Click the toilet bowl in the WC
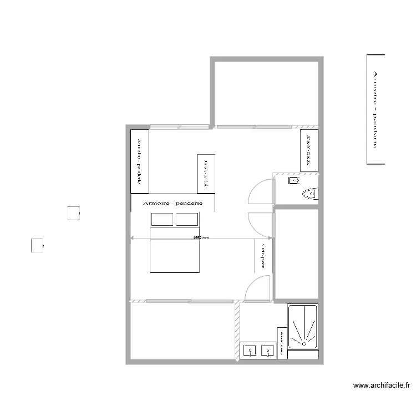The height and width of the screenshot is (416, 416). click(x=310, y=194)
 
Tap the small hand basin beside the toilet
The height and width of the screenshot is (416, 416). click(x=293, y=181)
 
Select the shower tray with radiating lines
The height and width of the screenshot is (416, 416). click(x=302, y=327)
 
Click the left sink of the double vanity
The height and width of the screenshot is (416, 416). click(x=250, y=351)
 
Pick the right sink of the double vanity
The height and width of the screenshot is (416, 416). click(x=268, y=351)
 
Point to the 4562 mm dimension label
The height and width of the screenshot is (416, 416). click(x=200, y=238)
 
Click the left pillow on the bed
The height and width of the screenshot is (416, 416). click(x=163, y=219)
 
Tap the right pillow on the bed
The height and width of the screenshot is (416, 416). click(x=187, y=219)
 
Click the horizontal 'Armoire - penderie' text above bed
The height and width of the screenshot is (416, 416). click(x=173, y=204)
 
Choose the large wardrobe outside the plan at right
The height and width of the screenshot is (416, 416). click(x=376, y=109)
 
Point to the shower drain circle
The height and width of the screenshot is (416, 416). click(x=304, y=343)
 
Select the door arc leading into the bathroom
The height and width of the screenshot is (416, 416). click(x=258, y=289)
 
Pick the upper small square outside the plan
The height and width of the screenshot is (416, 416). click(x=73, y=213)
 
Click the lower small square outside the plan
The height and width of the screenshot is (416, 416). click(x=37, y=245)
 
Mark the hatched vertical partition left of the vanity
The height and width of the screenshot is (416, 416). click(x=237, y=331)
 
